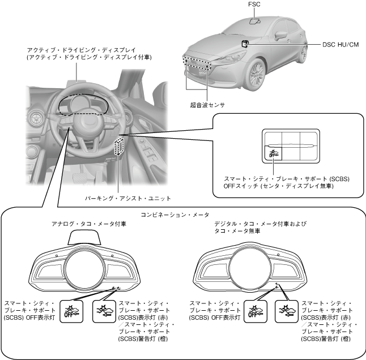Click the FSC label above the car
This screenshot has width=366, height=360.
pos(254,5)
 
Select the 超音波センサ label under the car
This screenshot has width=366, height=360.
pos(207,105)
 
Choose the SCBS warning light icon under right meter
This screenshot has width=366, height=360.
pos(286,309)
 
